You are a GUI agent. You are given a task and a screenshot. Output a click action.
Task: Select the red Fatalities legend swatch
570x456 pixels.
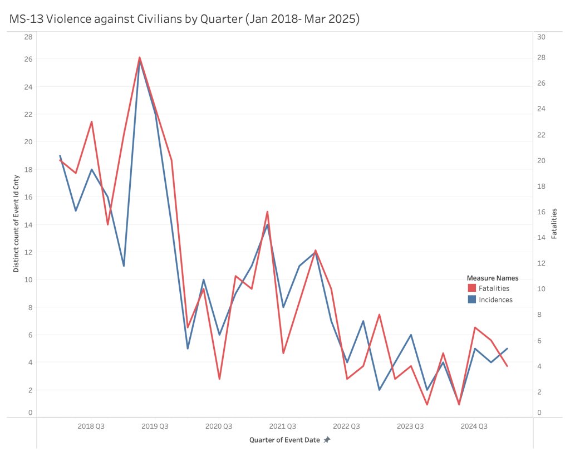[x=471, y=288]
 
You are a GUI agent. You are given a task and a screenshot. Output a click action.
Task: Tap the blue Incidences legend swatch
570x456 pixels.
[x=471, y=300]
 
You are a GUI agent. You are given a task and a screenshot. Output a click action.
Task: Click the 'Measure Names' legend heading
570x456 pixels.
[x=492, y=278]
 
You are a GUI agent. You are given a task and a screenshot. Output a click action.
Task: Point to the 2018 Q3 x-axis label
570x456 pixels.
[x=91, y=426]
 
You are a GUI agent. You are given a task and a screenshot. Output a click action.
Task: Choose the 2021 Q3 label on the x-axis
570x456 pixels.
[x=283, y=426]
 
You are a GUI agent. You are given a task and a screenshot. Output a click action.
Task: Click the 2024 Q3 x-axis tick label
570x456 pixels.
[x=474, y=426]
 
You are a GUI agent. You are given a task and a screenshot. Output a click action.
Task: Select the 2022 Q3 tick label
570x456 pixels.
[x=346, y=426]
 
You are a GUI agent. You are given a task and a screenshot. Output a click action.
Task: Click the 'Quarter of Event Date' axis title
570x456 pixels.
[x=284, y=440]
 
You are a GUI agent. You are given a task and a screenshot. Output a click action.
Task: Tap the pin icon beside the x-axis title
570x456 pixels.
[x=327, y=440]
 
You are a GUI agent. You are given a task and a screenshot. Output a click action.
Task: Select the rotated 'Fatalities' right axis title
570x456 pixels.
[x=554, y=224]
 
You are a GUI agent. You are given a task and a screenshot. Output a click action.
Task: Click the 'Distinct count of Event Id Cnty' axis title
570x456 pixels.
[x=16, y=224]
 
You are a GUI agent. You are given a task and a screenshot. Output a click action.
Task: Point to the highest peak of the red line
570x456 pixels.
[x=140, y=57]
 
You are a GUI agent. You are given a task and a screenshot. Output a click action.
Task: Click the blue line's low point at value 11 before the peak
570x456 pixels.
[x=124, y=266]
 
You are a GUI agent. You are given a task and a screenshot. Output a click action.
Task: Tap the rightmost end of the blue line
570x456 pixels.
[x=507, y=349]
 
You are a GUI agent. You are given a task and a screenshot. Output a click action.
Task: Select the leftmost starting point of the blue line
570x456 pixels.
[x=60, y=156]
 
